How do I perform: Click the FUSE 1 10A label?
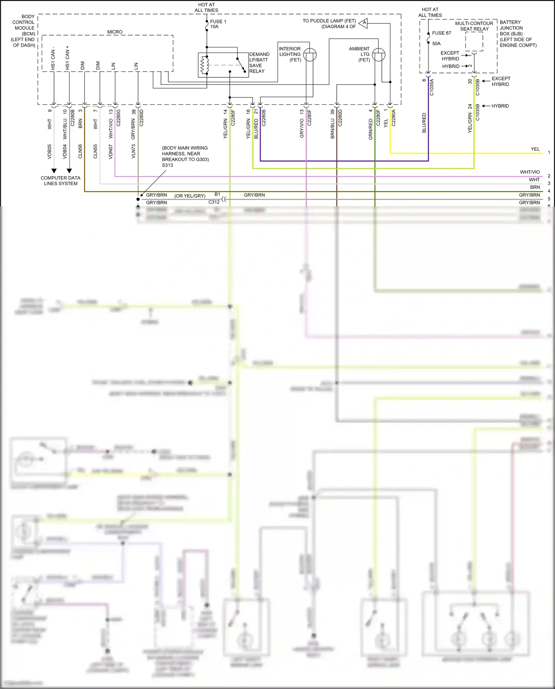click(218, 24)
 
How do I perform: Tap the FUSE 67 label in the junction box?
click(441, 33)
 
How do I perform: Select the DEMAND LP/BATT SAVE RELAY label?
click(259, 63)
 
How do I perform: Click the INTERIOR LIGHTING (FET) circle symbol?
click(310, 55)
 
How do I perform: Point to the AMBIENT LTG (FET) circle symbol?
click(379, 55)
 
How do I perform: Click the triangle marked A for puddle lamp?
click(364, 23)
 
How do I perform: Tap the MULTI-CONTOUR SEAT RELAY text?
click(474, 26)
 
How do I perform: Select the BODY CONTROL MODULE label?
click(24, 31)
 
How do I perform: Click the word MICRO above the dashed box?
click(115, 32)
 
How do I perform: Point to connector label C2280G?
click(118, 118)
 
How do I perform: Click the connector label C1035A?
click(431, 87)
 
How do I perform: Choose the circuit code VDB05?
click(50, 151)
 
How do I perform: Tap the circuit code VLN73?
click(134, 151)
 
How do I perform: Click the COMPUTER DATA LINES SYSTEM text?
click(60, 181)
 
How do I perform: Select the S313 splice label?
click(167, 165)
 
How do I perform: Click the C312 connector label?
click(214, 202)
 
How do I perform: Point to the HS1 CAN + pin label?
click(67, 58)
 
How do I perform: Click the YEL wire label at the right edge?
click(535, 149)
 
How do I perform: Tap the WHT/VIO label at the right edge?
click(529, 172)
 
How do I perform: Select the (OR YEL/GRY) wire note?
click(190, 196)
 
